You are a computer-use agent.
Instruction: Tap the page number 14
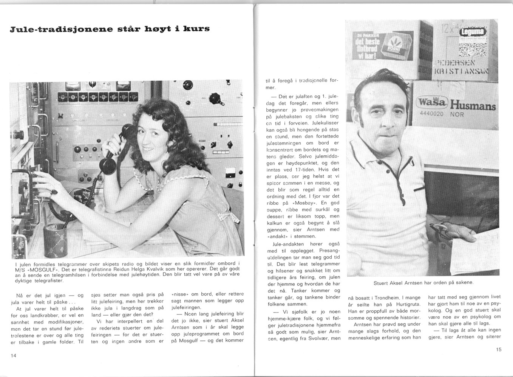pyautogui.click(x=14, y=356)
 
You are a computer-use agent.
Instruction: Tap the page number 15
pyautogui.click(x=499, y=349)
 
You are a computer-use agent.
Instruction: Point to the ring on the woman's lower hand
pyautogui.click(x=55, y=192)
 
